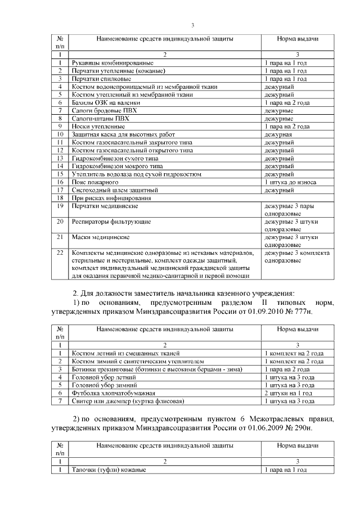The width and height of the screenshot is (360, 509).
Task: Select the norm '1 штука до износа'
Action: click(290, 183)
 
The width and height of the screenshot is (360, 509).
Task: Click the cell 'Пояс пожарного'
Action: click(94, 183)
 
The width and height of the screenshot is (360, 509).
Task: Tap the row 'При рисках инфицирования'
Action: click(106, 199)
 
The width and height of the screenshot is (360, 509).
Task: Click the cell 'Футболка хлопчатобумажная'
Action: click(112, 393)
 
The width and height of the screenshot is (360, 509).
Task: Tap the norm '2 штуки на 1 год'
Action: click(289, 393)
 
